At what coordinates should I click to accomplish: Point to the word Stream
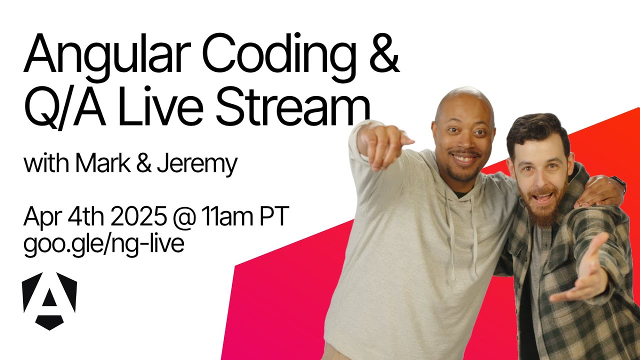pos(293,107)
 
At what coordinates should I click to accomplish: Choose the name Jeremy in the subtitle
pos(197,165)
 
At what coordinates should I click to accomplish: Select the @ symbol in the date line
pos(184,217)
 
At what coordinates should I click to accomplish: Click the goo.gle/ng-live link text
pos(103,245)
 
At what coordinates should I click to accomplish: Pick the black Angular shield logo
pos(49,301)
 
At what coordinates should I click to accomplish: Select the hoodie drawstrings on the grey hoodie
pos(463,234)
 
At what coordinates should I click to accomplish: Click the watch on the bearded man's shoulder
pos(618,183)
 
